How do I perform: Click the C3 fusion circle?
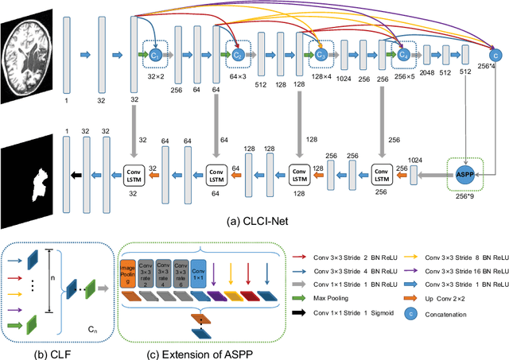(321, 54)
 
